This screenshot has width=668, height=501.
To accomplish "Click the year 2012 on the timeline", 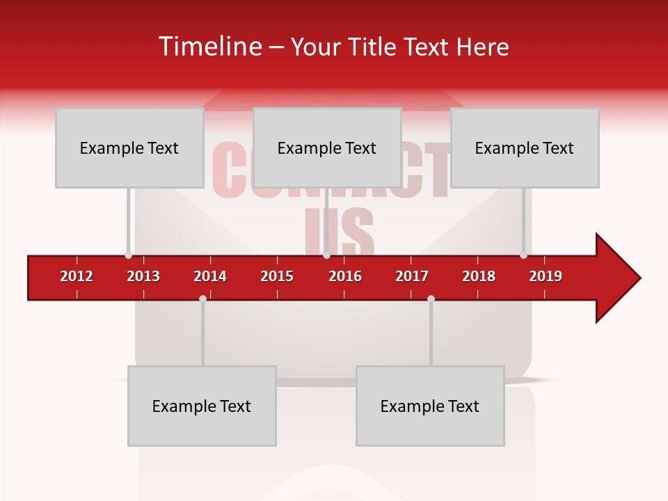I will point(77,276).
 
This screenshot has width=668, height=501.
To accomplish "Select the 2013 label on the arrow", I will point(143,276).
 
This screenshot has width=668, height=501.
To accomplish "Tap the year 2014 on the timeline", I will point(210,276).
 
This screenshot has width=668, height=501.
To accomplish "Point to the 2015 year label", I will point(277,276).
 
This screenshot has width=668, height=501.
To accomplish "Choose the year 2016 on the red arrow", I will point(345,276).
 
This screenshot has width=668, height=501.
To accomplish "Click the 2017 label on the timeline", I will point(412,276).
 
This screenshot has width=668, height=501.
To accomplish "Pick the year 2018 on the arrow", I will point(479,276).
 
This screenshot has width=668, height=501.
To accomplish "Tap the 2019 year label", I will point(546,276).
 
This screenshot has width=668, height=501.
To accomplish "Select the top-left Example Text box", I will point(129,148).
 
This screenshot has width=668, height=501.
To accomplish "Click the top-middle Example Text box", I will point(327,148).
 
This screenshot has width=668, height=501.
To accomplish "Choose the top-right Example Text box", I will point(525,148).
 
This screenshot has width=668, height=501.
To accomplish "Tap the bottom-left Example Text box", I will point(202,406).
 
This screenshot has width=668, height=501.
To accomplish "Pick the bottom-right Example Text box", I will point(430,406).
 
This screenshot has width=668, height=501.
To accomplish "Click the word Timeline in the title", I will point(209,47).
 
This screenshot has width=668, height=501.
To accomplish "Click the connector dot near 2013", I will point(128,255).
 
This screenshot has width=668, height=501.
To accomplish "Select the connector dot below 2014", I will point(202,299).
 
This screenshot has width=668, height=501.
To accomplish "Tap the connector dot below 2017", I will point(431,299).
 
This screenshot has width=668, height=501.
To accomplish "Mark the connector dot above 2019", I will point(523,255).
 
